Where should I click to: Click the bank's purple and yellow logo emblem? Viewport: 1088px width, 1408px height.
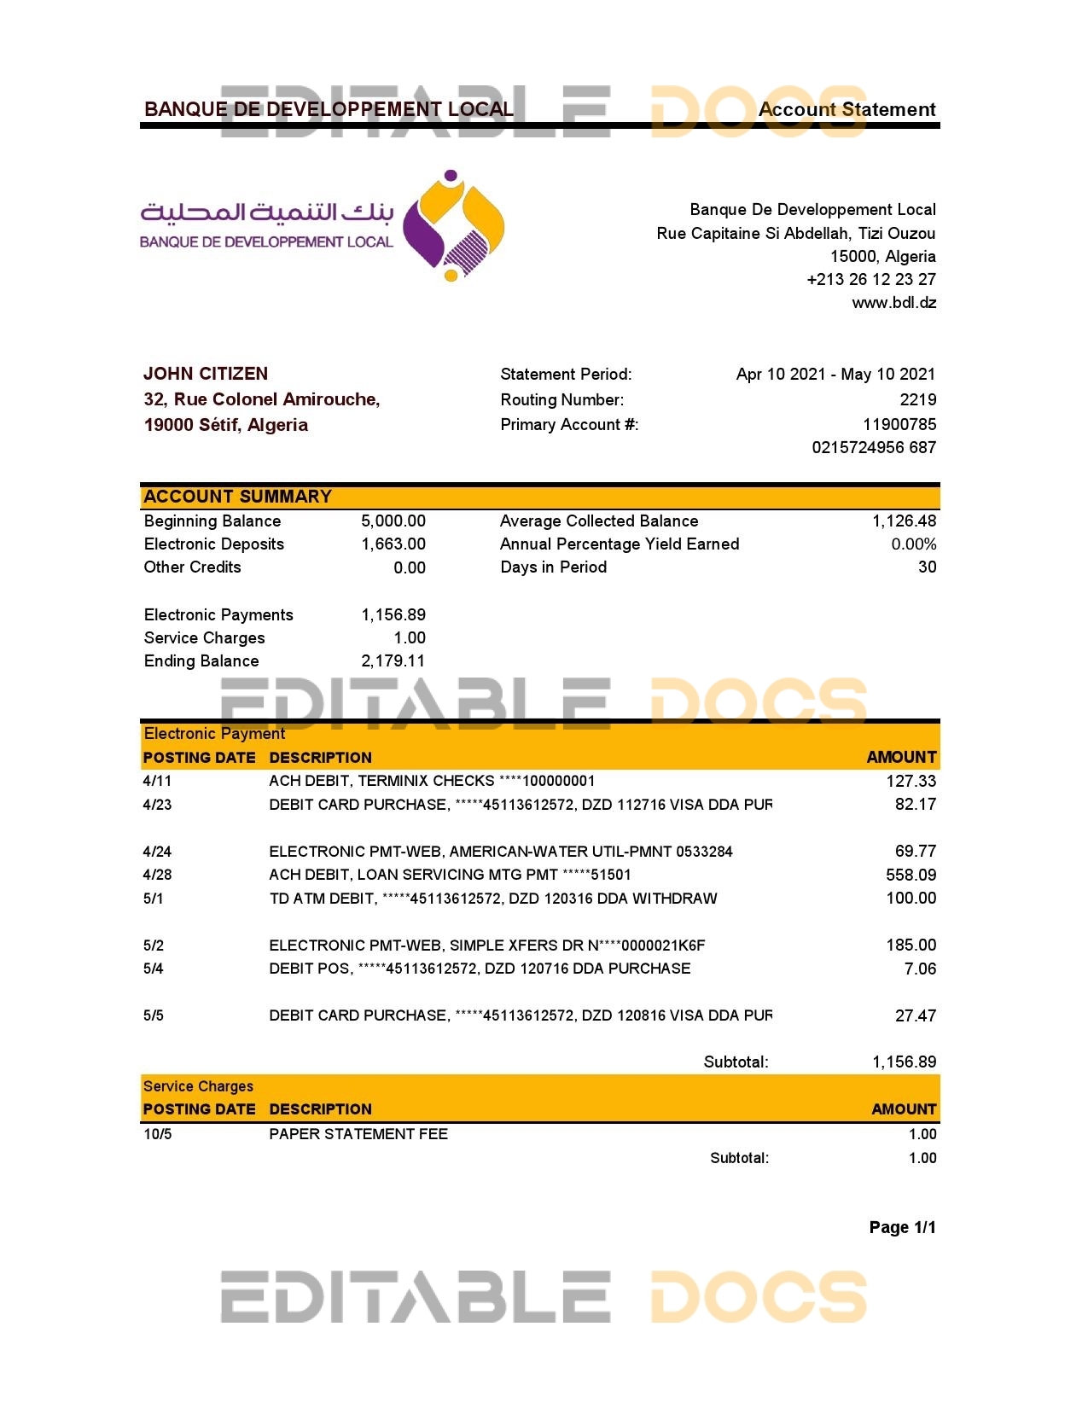(x=453, y=226)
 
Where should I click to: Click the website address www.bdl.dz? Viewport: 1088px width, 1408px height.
(x=893, y=303)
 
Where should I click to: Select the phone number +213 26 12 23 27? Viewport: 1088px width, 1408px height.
(x=870, y=280)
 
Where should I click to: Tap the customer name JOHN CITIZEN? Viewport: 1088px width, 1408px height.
(x=206, y=374)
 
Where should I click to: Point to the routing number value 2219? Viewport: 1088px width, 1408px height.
(x=917, y=399)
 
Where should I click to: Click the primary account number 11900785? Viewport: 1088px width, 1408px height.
(x=899, y=424)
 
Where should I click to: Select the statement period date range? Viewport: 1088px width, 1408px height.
(x=835, y=374)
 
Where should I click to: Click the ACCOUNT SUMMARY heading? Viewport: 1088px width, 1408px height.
(x=237, y=497)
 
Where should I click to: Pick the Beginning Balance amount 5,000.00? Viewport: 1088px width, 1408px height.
(x=393, y=521)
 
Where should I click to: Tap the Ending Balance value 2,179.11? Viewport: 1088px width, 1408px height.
(x=393, y=661)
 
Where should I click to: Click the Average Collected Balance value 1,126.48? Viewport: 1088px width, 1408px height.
(x=904, y=521)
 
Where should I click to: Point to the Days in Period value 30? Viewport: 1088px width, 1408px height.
(x=927, y=567)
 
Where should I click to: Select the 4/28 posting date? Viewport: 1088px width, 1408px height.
(x=157, y=875)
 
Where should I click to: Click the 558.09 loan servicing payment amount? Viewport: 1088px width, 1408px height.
(x=911, y=875)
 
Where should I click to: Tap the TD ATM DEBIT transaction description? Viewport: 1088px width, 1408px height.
(x=492, y=899)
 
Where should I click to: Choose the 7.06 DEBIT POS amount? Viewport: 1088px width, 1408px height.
(x=920, y=969)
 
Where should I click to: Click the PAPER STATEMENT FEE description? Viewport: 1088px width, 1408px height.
(x=358, y=1134)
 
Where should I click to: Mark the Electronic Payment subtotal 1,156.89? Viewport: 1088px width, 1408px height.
(x=904, y=1062)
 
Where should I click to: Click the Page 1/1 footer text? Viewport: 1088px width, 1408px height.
(x=902, y=1228)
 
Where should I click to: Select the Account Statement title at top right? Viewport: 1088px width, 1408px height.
(x=847, y=109)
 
